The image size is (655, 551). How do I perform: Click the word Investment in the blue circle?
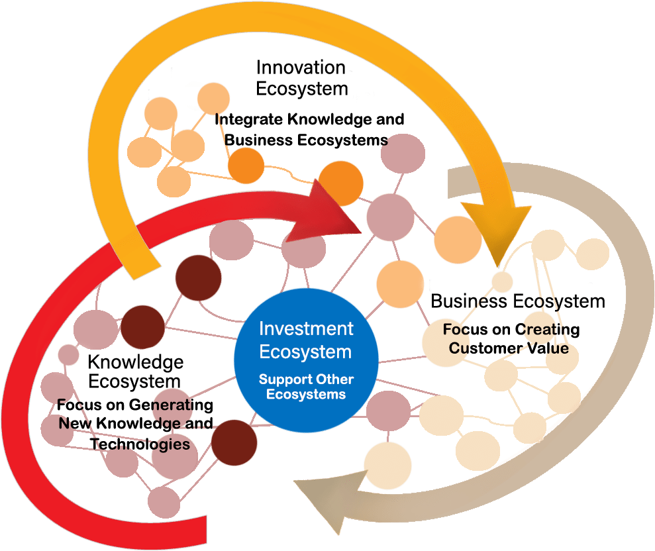pyautogui.click(x=306, y=328)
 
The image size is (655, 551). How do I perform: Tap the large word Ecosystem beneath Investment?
pyautogui.click(x=305, y=351)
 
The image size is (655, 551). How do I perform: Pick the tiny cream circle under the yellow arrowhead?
pyautogui.click(x=502, y=281)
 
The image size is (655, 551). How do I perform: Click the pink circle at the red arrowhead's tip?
pyautogui.click(x=390, y=217)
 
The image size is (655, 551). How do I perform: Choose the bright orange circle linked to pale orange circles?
pyautogui.click(x=246, y=165)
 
